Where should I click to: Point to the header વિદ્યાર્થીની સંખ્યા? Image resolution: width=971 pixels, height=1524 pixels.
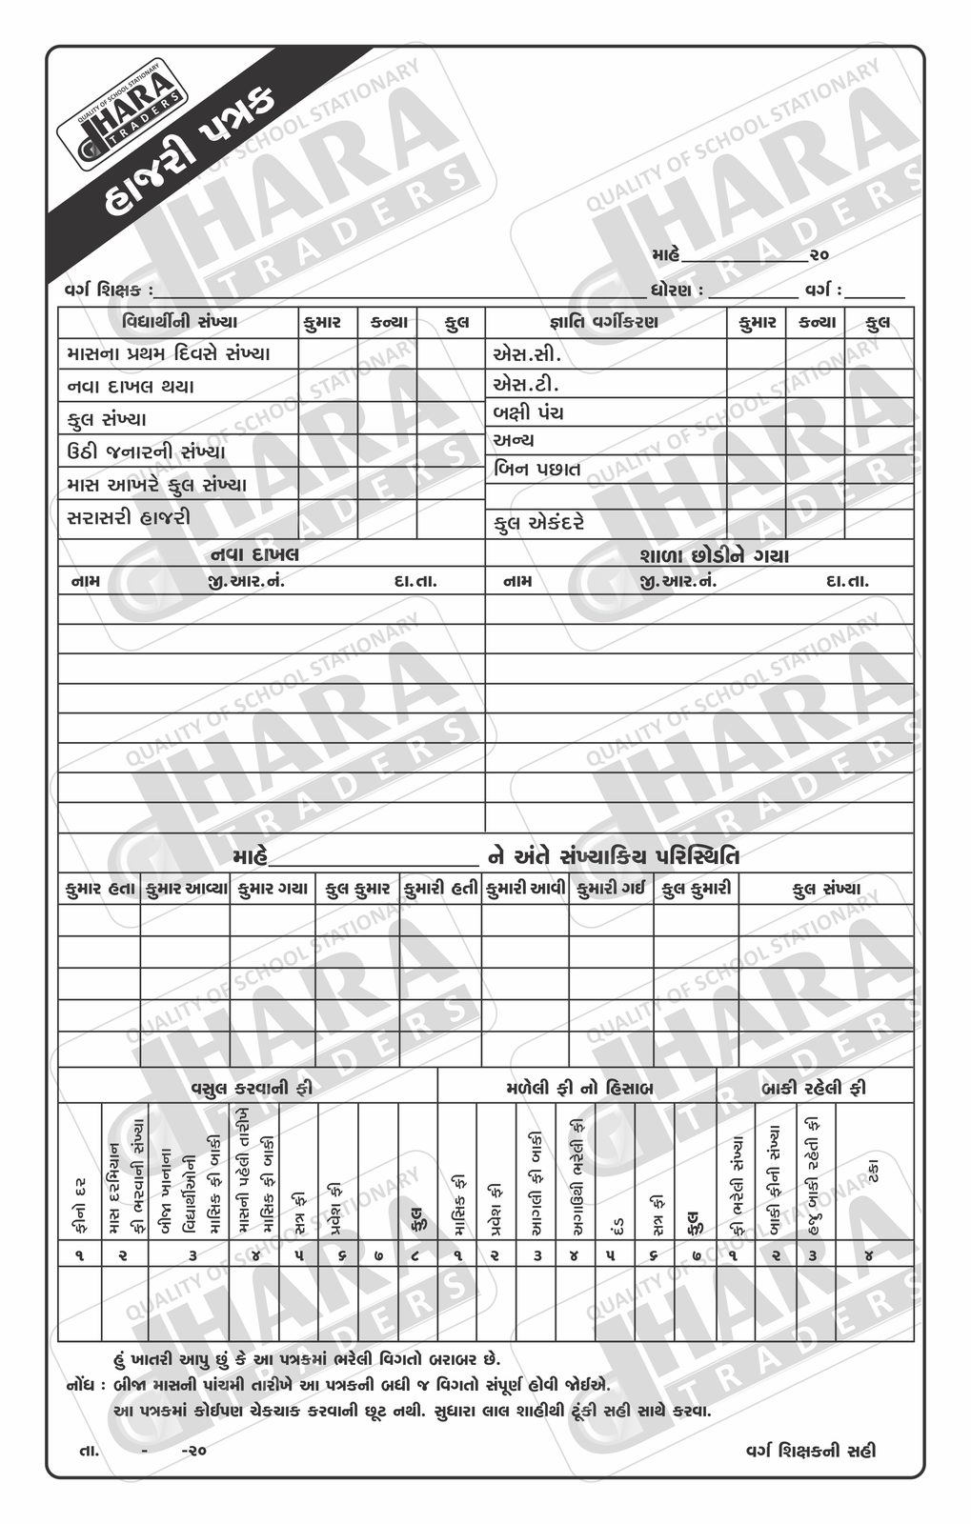(180, 322)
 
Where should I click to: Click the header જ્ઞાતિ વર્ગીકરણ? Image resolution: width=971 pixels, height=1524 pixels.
(604, 322)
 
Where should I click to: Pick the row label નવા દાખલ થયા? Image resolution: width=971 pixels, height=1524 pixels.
(131, 387)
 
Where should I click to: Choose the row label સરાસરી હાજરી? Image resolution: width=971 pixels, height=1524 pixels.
(130, 517)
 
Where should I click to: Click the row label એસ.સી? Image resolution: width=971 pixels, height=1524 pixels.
(527, 354)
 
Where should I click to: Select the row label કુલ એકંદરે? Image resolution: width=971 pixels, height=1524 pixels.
(539, 523)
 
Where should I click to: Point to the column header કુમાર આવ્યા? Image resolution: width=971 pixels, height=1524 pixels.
(186, 889)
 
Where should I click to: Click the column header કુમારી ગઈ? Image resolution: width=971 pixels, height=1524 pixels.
(611, 889)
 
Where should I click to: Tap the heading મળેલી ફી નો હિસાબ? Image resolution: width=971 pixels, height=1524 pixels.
(579, 1087)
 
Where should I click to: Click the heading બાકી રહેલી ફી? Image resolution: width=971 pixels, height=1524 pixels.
(814, 1087)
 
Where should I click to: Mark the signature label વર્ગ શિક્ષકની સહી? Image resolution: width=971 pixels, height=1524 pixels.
(810, 1451)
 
